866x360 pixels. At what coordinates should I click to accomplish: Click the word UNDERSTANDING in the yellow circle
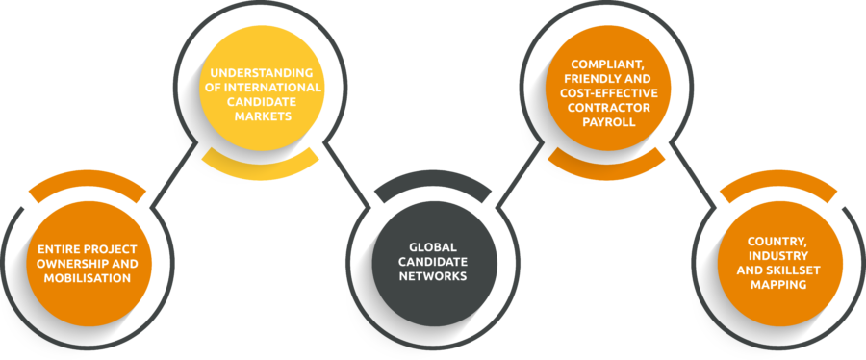[x=261, y=73]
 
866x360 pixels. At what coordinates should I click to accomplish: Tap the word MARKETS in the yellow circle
[x=261, y=116]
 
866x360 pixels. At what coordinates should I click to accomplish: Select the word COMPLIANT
[x=600, y=64]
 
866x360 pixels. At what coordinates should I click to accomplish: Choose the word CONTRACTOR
[x=608, y=107]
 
